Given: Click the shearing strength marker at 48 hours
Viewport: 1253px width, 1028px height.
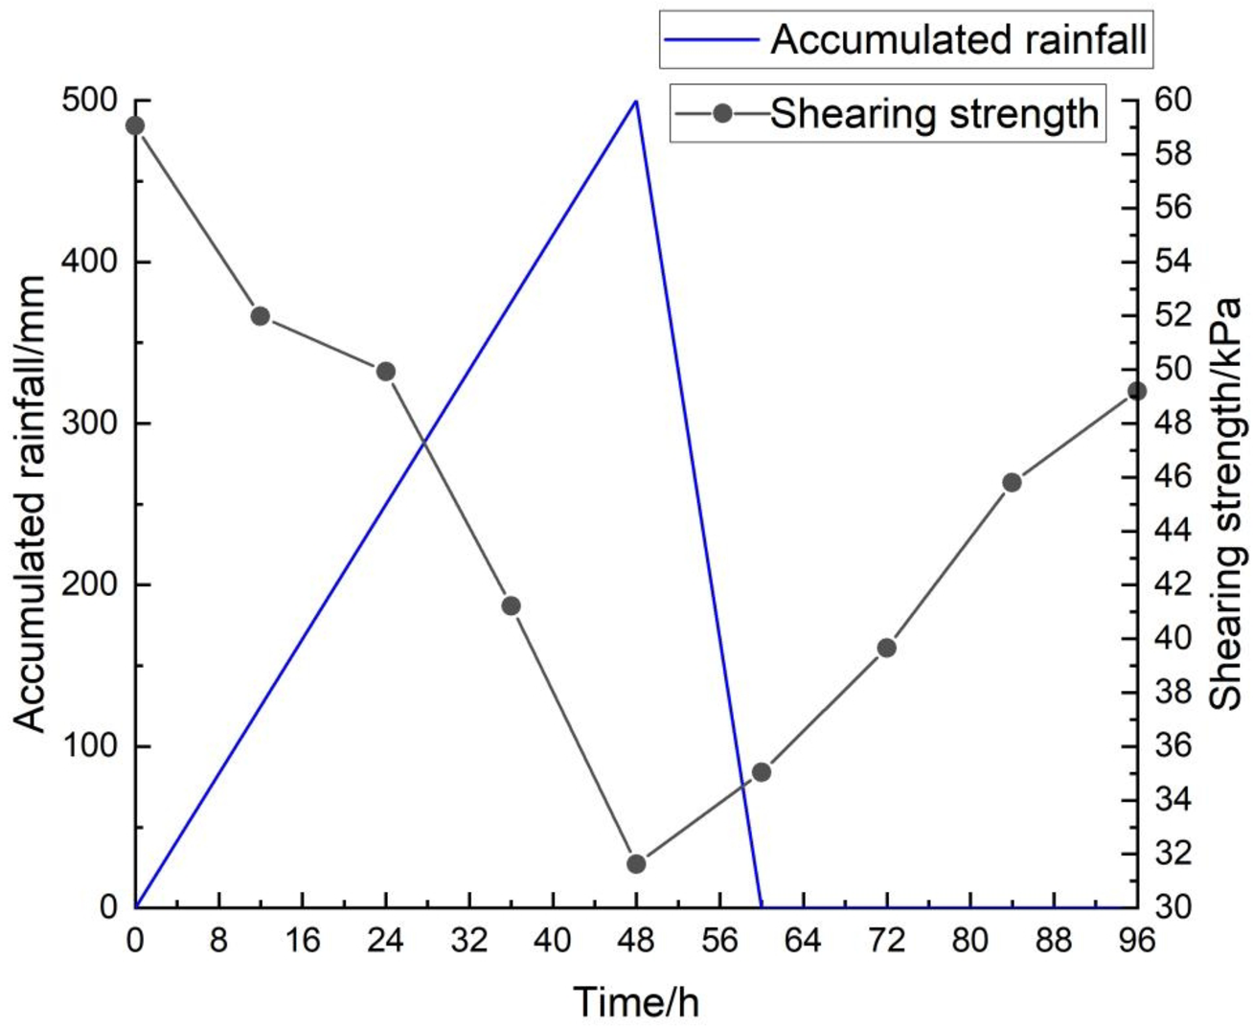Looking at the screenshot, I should coord(636,864).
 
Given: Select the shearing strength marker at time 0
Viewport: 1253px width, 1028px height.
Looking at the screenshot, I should coord(135,126).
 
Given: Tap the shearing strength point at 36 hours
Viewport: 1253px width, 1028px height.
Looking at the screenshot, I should coord(511,605).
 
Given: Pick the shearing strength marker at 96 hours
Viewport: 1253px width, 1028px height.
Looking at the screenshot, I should coord(1137,391).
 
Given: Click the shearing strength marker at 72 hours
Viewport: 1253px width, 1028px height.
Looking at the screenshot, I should coord(886,648).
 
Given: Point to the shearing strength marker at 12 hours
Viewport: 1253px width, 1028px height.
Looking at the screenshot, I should coord(261,316).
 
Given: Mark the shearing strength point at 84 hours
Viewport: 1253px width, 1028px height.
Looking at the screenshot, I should coord(1012,482).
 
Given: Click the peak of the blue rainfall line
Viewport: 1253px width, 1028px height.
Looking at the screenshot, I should coord(636,101).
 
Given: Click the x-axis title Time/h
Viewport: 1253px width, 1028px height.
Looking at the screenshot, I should coord(636,1002).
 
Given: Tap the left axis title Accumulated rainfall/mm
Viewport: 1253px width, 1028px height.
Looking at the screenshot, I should coord(31,504).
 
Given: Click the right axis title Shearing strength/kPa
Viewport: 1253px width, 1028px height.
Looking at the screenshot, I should coord(1225,504).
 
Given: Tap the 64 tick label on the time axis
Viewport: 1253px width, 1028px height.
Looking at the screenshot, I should coord(803,941).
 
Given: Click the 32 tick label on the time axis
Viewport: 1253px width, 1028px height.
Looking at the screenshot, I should coord(469,941).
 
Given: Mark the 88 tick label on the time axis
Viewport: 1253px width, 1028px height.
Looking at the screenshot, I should coord(1054,941).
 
